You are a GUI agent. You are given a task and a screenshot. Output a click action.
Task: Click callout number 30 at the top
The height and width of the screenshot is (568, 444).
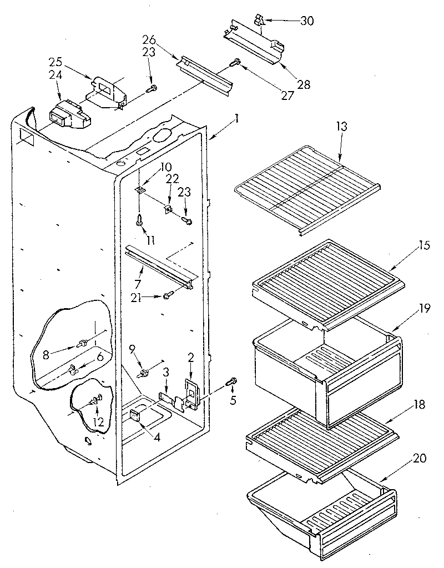306,21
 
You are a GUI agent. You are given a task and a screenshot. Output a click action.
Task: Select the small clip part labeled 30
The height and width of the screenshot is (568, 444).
259,21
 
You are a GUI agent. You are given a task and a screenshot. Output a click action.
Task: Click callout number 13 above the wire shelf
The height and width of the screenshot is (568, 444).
341,126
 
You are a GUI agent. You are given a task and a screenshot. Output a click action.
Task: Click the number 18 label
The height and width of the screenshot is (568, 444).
419,405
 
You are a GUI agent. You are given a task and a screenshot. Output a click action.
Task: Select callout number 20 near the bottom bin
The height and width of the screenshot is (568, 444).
420,459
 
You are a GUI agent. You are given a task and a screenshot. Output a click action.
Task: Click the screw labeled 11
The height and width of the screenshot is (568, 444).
139,221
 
